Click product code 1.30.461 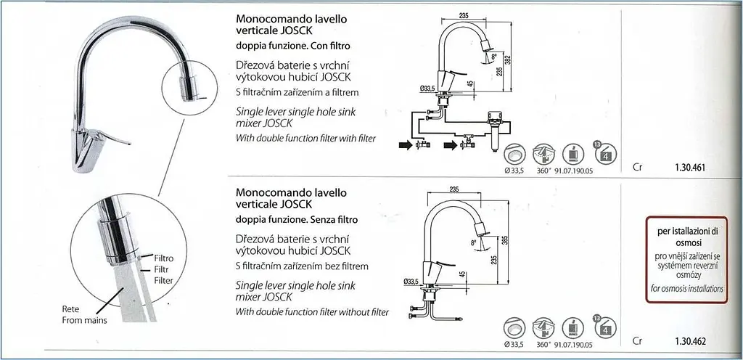[x=690, y=167]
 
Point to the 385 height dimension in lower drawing [x=504, y=242]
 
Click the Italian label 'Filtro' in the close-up [x=164, y=258]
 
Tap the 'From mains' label [x=85, y=320]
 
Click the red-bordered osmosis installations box [x=686, y=260]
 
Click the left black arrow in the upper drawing [x=406, y=146]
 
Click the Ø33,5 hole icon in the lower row [x=514, y=328]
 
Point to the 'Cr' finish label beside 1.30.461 [x=637, y=167]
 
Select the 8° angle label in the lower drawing [x=473, y=242]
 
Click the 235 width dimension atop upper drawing [x=464, y=16]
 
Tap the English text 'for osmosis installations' [x=686, y=288]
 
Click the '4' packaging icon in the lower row [x=606, y=326]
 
